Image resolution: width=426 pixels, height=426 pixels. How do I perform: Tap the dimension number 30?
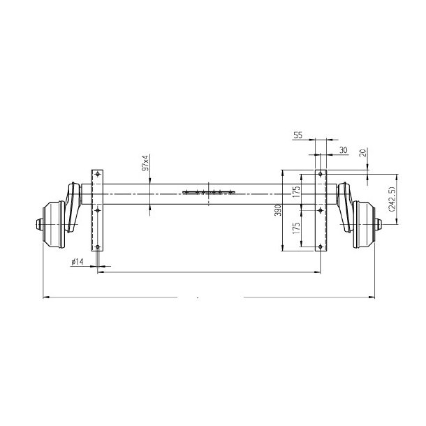click(x=343, y=150)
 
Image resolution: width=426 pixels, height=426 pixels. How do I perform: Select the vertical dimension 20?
click(x=362, y=154)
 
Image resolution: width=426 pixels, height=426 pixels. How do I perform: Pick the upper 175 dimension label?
click(x=297, y=191)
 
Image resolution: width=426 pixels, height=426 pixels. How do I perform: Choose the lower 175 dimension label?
click(x=297, y=228)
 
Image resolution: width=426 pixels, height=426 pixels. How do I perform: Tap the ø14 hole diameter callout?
click(x=77, y=261)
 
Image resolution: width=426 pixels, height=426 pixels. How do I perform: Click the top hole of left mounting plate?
click(x=97, y=173)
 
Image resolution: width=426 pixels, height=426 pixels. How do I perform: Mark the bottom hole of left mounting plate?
click(x=97, y=246)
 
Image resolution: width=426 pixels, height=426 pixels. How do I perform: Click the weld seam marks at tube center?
click(x=207, y=191)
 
